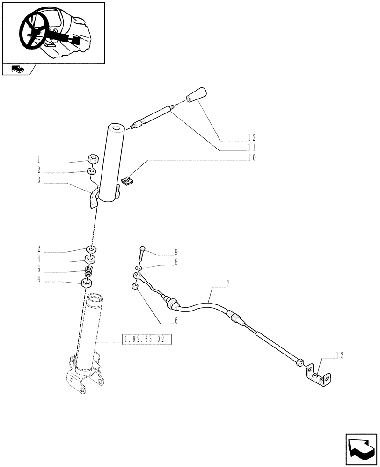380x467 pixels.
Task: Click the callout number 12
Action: coord(252,139)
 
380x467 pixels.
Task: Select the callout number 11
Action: coord(252,148)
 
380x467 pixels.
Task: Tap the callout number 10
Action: coord(252,158)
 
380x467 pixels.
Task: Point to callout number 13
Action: coord(339,356)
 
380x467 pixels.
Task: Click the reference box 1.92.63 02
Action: coord(146,340)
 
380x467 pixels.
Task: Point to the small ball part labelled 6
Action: coord(134,287)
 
